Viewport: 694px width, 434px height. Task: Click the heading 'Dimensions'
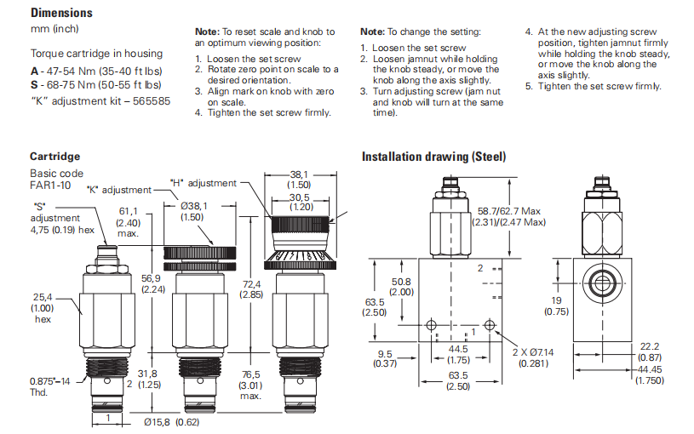tap(61, 14)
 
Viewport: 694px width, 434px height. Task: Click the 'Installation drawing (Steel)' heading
tap(433, 157)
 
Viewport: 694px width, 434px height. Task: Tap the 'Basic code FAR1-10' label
tap(57, 179)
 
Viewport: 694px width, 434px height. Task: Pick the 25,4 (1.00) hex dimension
tap(43, 307)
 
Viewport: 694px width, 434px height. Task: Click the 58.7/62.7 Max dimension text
tap(508, 216)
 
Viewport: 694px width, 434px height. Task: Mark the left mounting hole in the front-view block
tap(433, 325)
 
